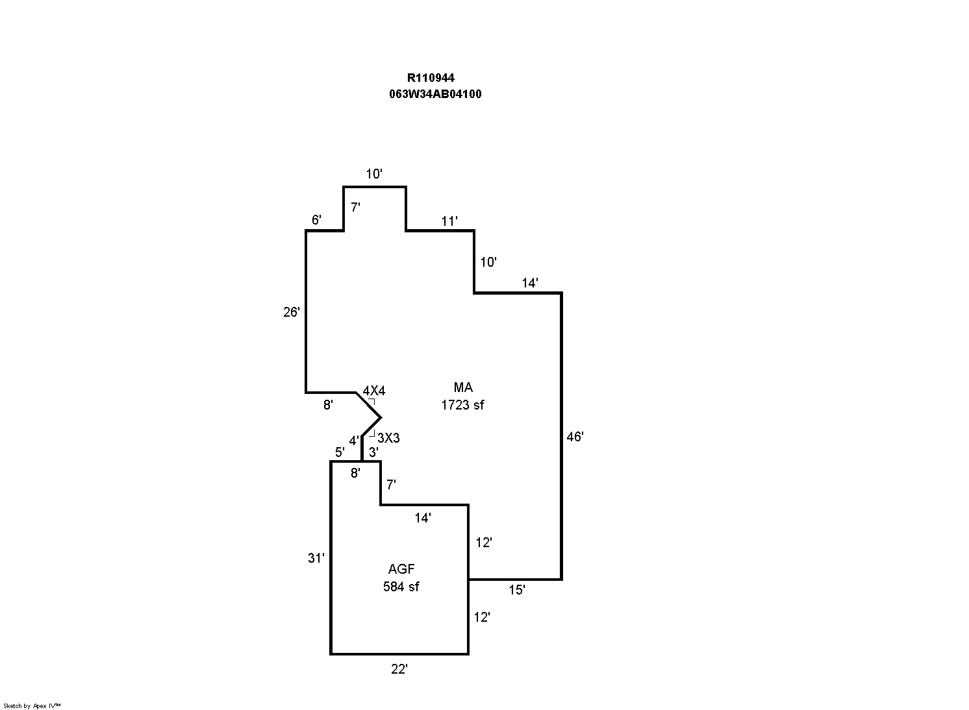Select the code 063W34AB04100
click(x=435, y=94)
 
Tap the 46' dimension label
click(x=575, y=437)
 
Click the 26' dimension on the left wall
click(x=292, y=312)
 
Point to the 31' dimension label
click(x=316, y=558)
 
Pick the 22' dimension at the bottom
click(x=399, y=669)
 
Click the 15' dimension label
click(x=517, y=591)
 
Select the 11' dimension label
click(x=449, y=222)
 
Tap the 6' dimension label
click(x=316, y=220)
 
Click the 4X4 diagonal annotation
click(x=373, y=391)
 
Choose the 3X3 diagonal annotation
click(x=388, y=439)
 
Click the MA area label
click(x=463, y=387)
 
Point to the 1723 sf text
click(x=462, y=405)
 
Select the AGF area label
click(x=401, y=569)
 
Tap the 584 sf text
click(x=401, y=587)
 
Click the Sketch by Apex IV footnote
click(x=32, y=705)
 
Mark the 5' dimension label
click(x=339, y=452)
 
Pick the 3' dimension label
click(x=373, y=452)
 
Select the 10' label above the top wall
click(x=374, y=174)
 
